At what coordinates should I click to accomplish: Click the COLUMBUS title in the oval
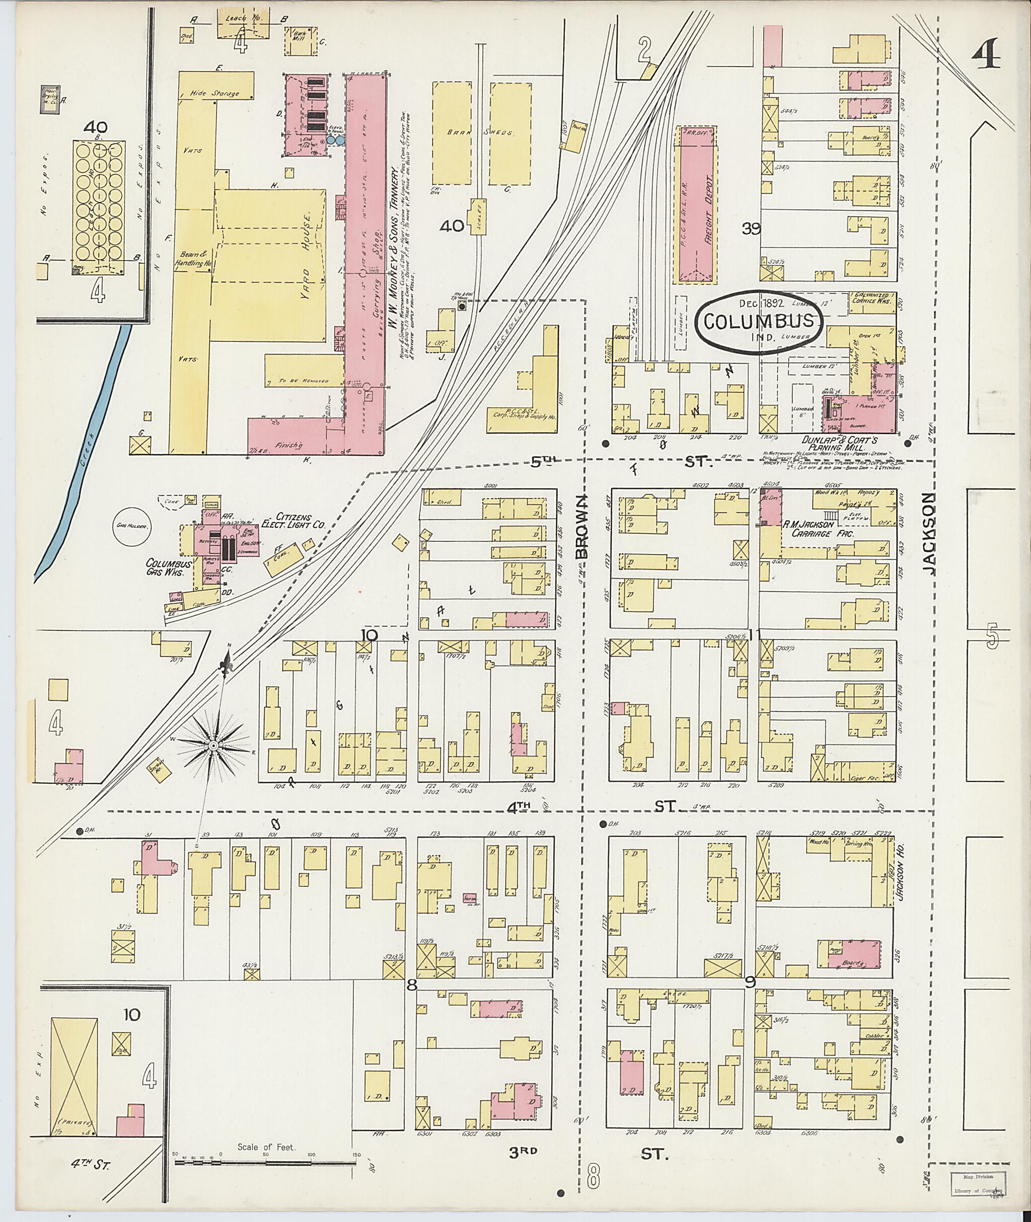[759, 321]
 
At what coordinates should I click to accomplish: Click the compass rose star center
[214, 746]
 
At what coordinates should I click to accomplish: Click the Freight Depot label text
[709, 202]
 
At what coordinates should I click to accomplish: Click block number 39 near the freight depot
[751, 228]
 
